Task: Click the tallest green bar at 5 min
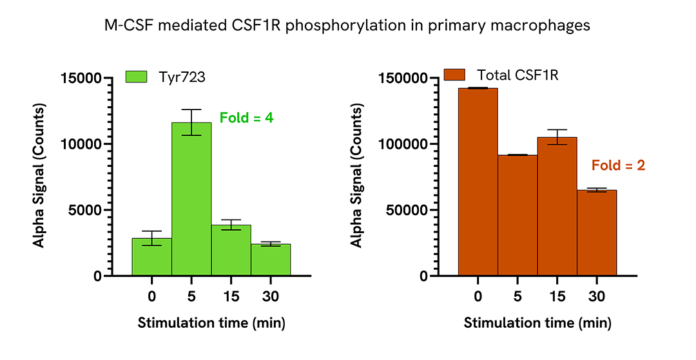(191, 200)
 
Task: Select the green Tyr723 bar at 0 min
(151, 257)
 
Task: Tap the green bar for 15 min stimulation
(231, 251)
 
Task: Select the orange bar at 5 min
(517, 215)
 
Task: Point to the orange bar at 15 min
(557, 207)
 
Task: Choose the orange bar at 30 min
(597, 232)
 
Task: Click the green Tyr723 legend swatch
(137, 77)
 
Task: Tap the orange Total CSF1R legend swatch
(455, 75)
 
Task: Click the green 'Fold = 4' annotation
(247, 118)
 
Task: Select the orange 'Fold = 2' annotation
(618, 166)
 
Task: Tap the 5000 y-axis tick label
(84, 210)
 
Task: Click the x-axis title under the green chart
(211, 323)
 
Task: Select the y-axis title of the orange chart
(356, 176)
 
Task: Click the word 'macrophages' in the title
(547, 26)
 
